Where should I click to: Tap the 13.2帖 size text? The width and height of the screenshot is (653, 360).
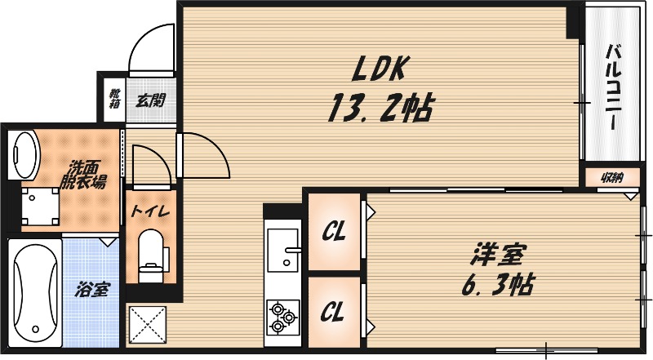point(380,108)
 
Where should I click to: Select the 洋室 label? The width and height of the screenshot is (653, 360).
point(495,255)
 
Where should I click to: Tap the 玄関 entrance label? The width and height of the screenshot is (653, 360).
point(150,101)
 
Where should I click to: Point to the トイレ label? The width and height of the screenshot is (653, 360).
point(150,211)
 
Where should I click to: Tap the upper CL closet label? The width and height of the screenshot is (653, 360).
point(332,232)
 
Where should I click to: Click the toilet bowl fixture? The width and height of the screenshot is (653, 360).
point(151,253)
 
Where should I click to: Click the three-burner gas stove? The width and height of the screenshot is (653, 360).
point(282,317)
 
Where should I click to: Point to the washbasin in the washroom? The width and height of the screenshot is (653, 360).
point(24,153)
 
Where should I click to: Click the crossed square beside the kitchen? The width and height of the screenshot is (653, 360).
point(148,324)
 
